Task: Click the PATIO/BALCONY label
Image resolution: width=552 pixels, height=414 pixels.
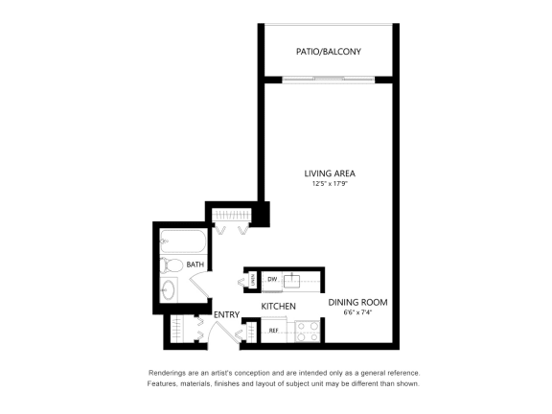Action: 329,52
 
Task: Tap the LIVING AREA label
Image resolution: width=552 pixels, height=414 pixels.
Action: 330,173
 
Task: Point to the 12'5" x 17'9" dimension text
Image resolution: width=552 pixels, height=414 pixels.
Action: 330,185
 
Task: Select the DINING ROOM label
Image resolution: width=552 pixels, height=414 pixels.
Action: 357,302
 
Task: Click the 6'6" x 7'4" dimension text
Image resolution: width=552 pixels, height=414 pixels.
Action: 357,312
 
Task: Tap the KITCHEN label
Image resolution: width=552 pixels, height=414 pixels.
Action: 278,307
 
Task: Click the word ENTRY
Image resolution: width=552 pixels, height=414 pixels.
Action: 226,314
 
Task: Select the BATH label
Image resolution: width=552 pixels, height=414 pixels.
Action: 195,264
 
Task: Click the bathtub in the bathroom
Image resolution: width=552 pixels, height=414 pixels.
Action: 181,241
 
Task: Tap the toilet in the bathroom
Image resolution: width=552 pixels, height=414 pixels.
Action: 173,265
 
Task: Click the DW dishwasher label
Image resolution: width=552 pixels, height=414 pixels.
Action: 271,280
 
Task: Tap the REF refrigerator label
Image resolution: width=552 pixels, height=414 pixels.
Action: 273,331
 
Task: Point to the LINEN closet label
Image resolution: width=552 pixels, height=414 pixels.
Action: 252,280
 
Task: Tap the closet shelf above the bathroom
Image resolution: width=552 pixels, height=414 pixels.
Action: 230,217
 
